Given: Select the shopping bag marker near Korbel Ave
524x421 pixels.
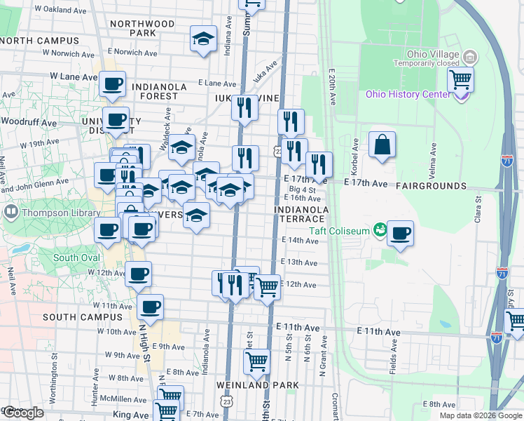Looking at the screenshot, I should (382, 146).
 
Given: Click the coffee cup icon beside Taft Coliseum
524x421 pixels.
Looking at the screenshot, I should (400, 234).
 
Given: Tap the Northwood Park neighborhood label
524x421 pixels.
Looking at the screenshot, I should (142, 28).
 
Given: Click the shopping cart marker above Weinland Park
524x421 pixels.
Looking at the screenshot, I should (257, 362).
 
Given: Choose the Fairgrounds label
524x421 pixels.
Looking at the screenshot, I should (431, 186).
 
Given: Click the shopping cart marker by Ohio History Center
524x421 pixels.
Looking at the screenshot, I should (460, 80).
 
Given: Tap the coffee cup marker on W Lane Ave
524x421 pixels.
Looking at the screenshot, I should (112, 85).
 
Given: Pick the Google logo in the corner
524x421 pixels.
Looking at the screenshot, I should (24, 413).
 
